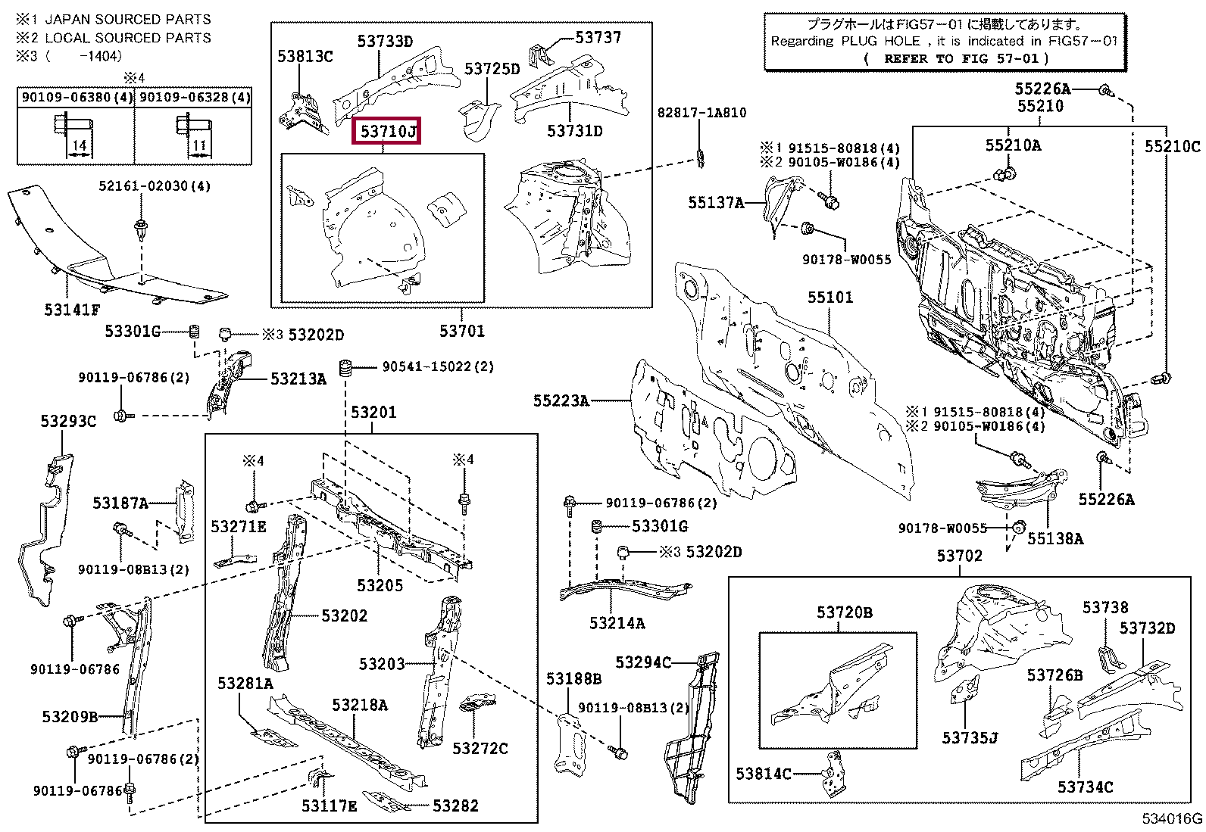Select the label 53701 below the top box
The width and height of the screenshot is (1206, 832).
coord(461,331)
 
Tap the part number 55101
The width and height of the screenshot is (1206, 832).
coord(830,298)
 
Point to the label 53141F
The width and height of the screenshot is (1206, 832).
coord(72,309)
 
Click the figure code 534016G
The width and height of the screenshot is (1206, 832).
coord(1172,819)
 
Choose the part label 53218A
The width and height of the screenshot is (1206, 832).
coord(359,705)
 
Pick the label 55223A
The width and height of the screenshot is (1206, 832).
coord(561,400)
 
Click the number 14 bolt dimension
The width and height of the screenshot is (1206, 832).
coord(80,145)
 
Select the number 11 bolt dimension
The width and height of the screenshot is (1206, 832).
coord(198,145)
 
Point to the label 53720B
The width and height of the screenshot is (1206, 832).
coord(844,612)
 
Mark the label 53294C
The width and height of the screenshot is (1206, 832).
coord(643,662)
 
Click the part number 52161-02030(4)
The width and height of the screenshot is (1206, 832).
coord(154,186)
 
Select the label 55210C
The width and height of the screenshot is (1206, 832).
coord(1172,147)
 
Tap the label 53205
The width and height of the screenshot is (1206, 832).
coord(380,585)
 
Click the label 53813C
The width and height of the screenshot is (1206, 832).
coord(305,56)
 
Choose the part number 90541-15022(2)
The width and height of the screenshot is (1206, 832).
coord(437,366)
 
